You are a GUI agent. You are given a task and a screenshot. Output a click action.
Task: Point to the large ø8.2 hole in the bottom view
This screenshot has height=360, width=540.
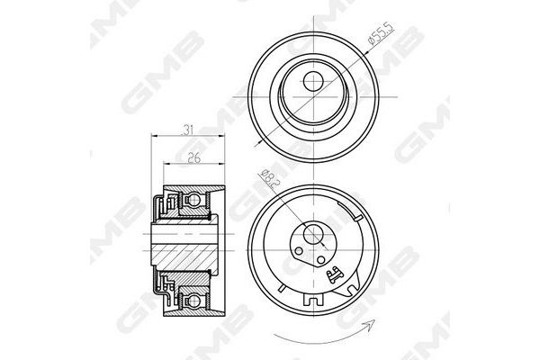[312, 238]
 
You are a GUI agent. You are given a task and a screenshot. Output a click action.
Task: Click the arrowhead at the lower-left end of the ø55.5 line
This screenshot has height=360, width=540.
[258, 140]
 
